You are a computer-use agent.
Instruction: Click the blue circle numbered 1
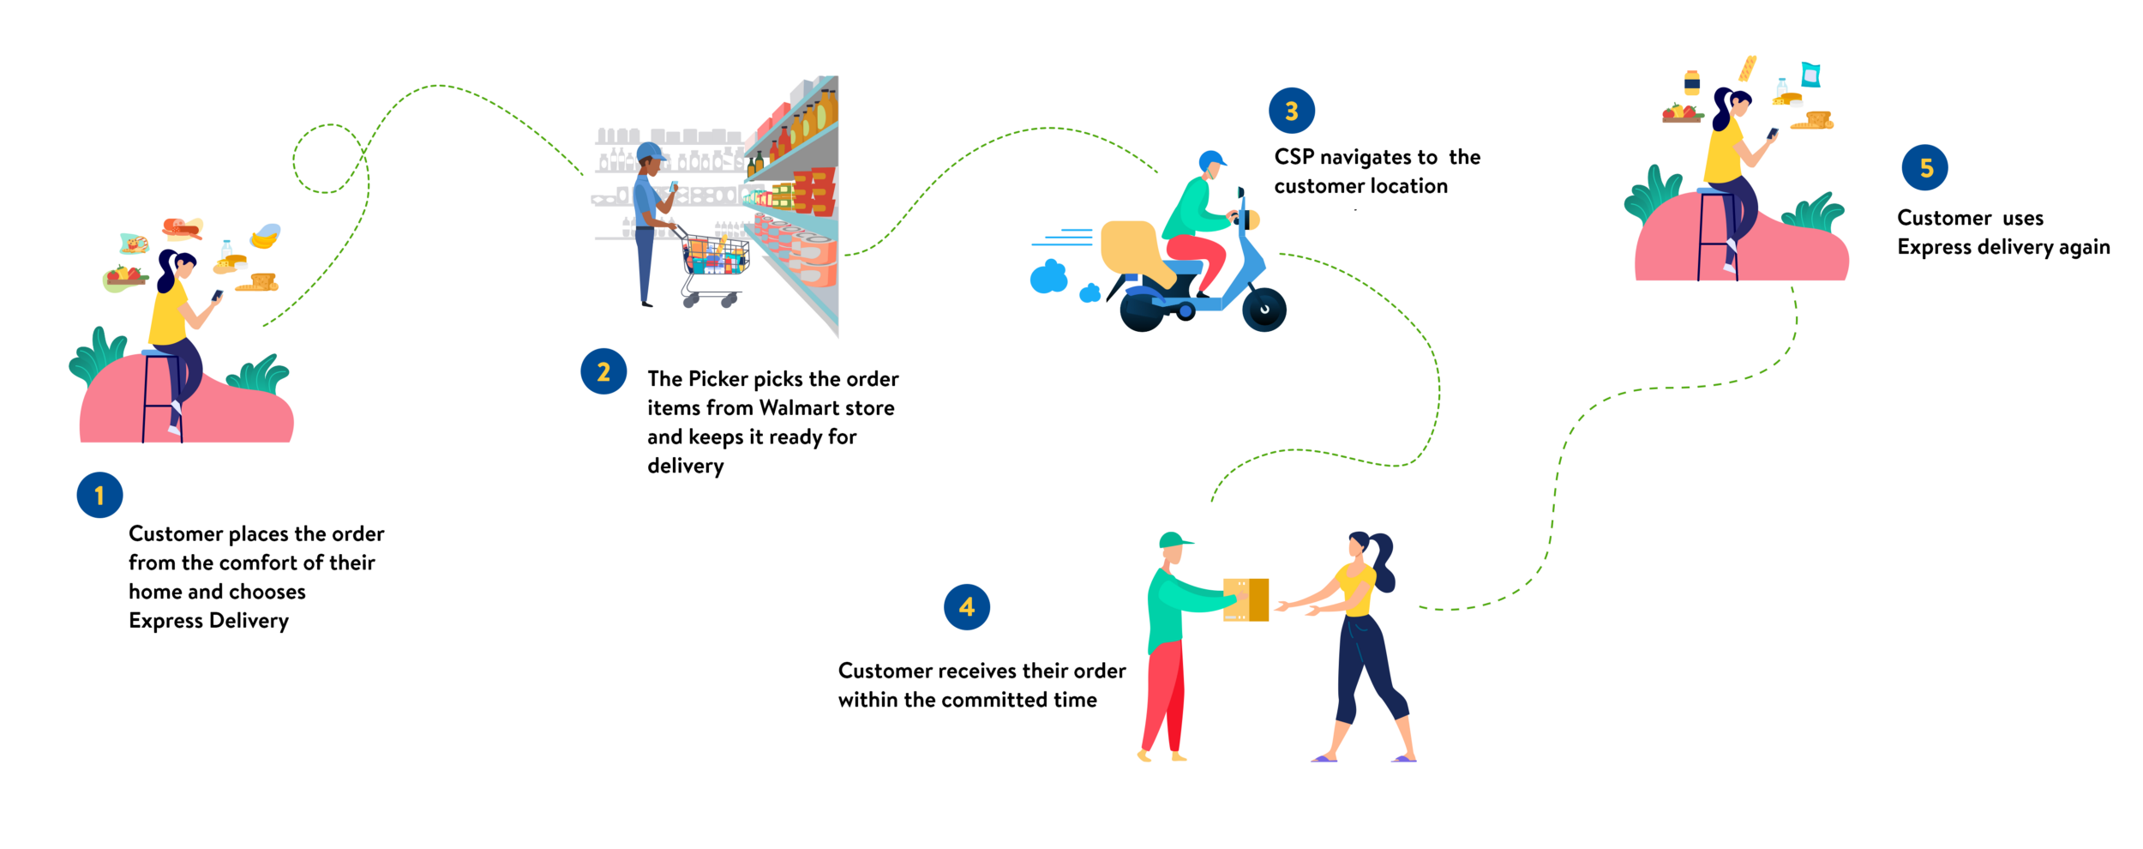tap(99, 495)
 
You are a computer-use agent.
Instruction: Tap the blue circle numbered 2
tap(603, 371)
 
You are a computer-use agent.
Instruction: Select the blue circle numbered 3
tap(1292, 111)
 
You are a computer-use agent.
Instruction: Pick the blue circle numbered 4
tap(967, 607)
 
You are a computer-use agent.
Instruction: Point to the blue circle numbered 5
tap(1925, 168)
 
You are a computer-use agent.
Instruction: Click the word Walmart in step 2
tap(800, 408)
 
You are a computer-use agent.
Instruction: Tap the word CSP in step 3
tap(1294, 157)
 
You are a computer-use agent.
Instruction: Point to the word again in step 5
tap(2084, 248)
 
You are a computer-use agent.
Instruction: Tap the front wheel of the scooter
tap(1264, 310)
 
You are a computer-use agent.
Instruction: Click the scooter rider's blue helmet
tap(1211, 160)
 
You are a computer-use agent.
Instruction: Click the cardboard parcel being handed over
tap(1247, 599)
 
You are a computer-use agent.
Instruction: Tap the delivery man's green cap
tap(1174, 540)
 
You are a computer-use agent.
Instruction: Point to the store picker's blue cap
tap(651, 153)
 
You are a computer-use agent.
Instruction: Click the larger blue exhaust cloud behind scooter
tap(1048, 278)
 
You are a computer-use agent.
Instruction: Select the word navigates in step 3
tap(1378, 158)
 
